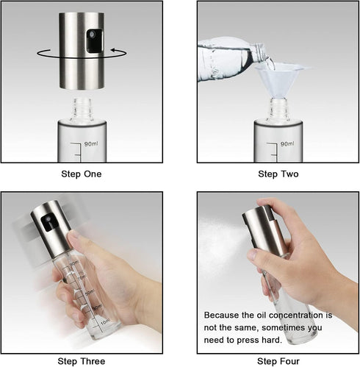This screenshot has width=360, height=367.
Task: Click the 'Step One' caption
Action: click(x=81, y=174)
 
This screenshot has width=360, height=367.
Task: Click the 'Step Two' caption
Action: click(x=278, y=174)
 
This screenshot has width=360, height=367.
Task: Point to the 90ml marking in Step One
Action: click(x=92, y=143)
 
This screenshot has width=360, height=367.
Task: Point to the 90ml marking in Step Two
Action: click(x=287, y=143)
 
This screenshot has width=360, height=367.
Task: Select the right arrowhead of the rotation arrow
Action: click(x=116, y=51)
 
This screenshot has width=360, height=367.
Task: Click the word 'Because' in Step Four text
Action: click(x=220, y=314)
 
